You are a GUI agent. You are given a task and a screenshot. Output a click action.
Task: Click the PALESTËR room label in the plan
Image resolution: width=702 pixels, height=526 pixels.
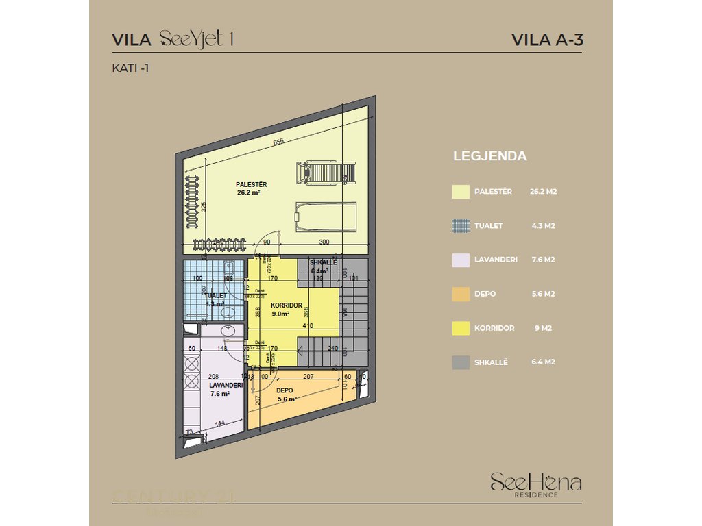[x=251, y=184]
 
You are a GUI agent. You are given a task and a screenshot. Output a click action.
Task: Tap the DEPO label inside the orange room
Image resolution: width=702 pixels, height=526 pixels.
[x=285, y=390]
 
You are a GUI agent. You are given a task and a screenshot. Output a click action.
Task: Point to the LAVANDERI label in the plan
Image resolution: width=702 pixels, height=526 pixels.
[x=226, y=386]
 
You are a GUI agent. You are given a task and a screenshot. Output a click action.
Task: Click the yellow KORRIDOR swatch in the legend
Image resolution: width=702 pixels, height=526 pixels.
[x=461, y=328]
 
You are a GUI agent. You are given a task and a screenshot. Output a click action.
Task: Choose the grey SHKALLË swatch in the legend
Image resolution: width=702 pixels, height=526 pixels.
[x=461, y=362]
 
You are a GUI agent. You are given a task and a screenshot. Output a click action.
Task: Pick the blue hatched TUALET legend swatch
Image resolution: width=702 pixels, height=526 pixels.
[x=461, y=225]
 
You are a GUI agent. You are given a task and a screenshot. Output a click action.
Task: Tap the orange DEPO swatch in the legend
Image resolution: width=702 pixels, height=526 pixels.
[x=461, y=294]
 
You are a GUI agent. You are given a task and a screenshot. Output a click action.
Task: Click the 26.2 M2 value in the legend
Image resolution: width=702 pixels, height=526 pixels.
[x=543, y=192]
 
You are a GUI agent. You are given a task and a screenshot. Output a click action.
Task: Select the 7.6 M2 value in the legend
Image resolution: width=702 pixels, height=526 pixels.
[x=543, y=260]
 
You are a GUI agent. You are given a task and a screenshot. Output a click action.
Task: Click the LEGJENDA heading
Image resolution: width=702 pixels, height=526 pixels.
[x=489, y=156]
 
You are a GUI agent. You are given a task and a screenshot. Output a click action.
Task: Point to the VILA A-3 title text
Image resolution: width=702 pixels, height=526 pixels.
[x=547, y=40]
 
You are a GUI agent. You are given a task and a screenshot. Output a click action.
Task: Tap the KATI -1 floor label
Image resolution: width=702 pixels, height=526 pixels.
[x=130, y=68]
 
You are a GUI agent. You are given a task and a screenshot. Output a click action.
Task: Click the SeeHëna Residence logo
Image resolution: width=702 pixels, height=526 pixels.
[x=536, y=484]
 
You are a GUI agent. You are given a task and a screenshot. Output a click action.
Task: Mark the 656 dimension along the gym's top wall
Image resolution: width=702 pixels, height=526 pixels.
[x=278, y=142]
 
